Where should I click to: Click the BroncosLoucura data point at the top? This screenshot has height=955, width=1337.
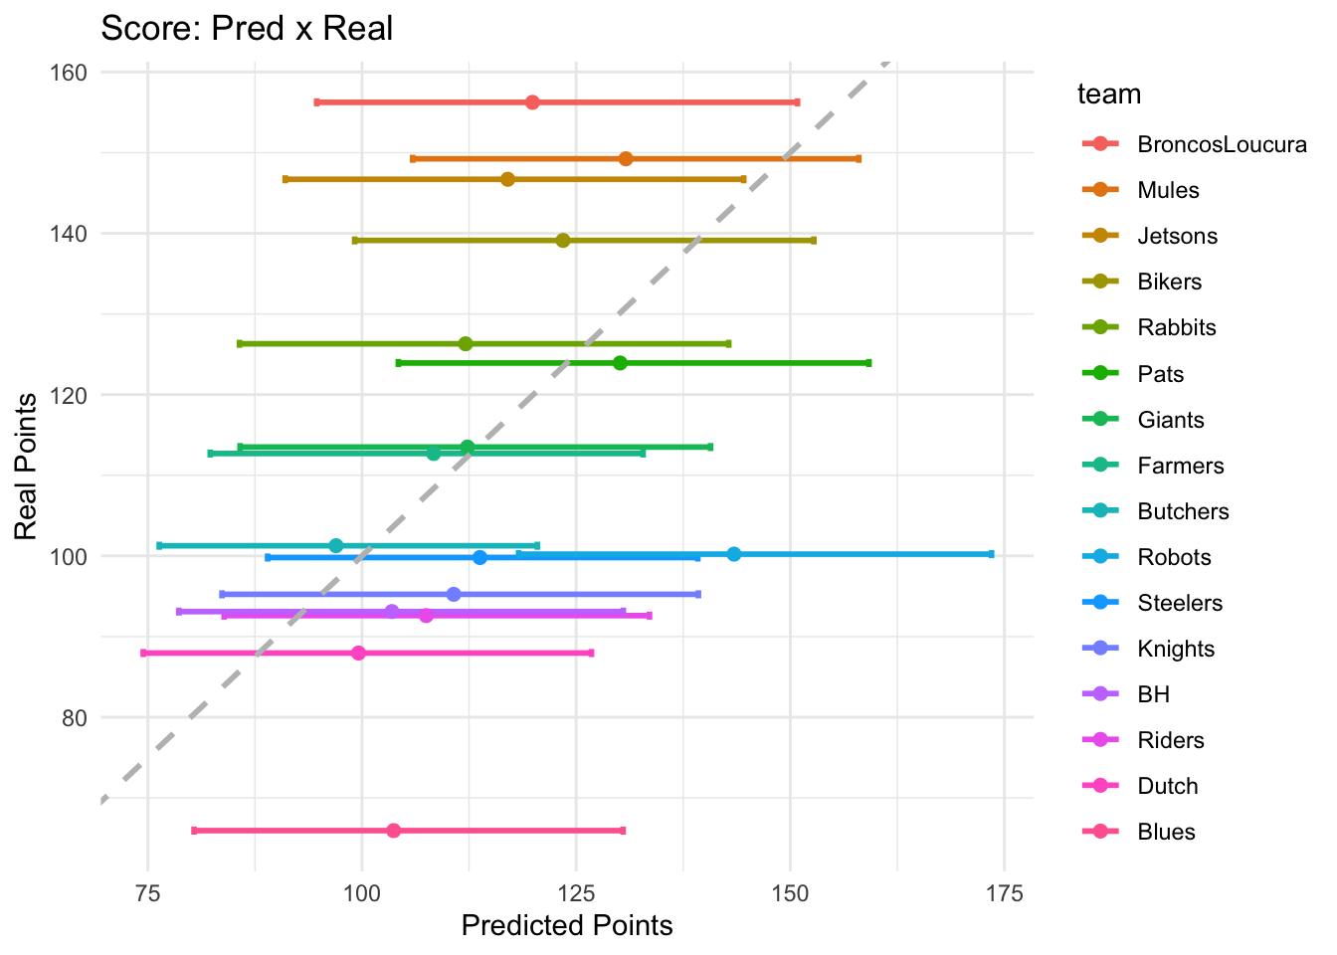(x=532, y=102)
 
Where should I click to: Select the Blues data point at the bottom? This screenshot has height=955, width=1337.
(x=393, y=831)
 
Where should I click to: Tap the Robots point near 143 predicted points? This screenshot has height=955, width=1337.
(x=733, y=554)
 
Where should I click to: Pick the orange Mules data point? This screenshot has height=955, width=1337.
(x=626, y=159)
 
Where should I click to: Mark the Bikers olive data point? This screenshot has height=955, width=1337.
(x=563, y=241)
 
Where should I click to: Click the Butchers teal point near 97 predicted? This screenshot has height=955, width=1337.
(x=336, y=545)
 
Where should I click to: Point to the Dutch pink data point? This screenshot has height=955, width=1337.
(x=358, y=654)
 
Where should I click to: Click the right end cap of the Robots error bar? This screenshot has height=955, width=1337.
(x=991, y=554)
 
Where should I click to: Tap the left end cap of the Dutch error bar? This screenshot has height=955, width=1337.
(x=143, y=654)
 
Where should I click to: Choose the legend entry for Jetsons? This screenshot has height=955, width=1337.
(x=1177, y=237)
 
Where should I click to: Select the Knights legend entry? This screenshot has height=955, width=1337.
(x=1177, y=650)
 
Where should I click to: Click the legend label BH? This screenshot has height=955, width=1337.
(x=1153, y=695)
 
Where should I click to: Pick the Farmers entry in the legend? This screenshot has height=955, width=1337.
(x=1180, y=467)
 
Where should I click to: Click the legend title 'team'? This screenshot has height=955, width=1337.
(x=1108, y=95)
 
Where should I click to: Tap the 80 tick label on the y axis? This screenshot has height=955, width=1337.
(x=74, y=718)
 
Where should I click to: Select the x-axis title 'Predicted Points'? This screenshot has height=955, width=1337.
(x=567, y=926)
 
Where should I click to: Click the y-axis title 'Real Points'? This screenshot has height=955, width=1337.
(x=26, y=466)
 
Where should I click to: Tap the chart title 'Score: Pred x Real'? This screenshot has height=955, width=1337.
(x=247, y=28)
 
